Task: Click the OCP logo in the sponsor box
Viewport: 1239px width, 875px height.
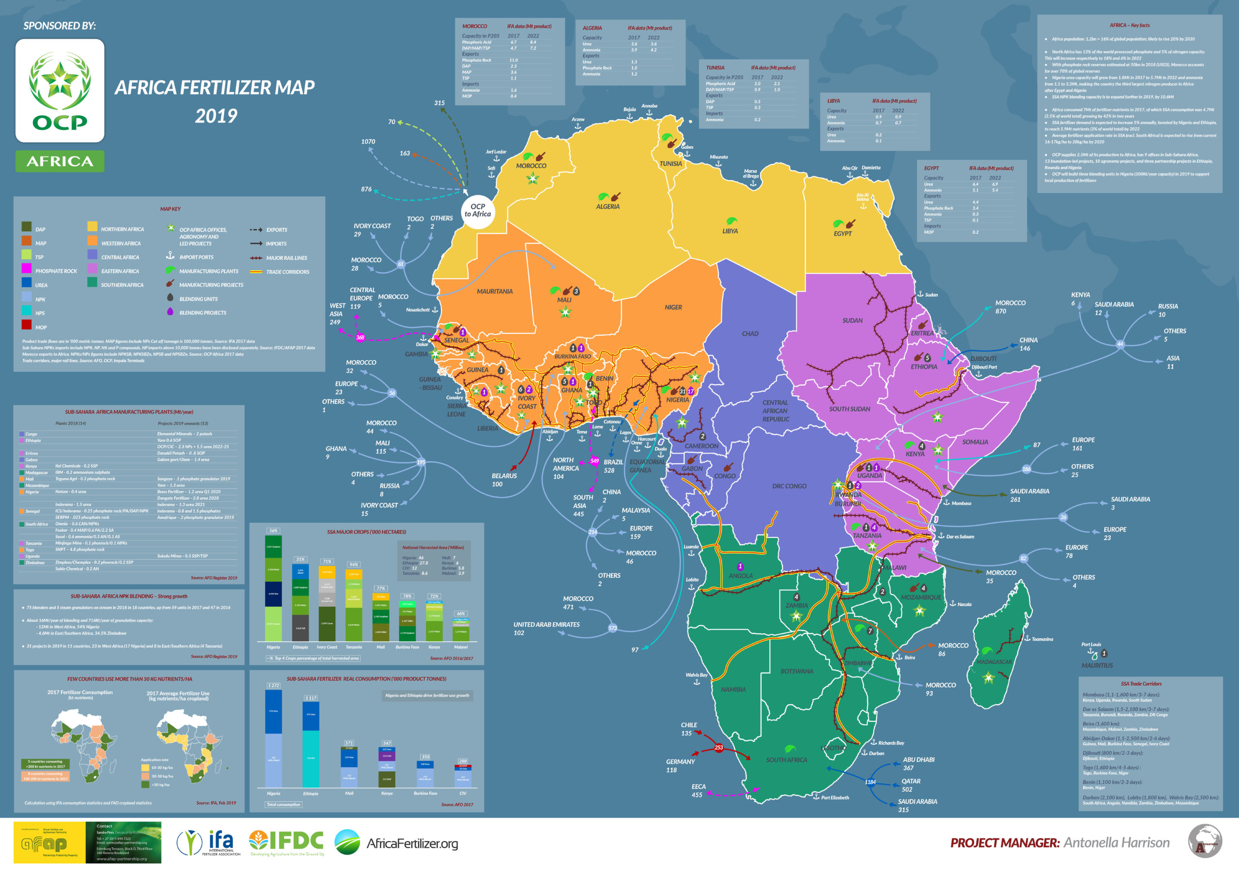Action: coord(60,91)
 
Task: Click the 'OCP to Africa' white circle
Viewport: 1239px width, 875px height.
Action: coord(478,211)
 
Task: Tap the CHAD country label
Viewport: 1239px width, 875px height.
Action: coord(750,334)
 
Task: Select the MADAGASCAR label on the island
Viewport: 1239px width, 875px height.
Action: coord(994,662)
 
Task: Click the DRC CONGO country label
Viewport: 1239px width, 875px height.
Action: coord(789,486)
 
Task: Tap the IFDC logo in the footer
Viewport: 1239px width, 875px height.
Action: coord(287,842)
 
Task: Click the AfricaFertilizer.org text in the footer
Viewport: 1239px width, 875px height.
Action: coord(412,843)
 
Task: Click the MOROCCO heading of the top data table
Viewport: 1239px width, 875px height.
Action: coord(474,26)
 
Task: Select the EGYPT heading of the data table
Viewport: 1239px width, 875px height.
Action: coord(931,168)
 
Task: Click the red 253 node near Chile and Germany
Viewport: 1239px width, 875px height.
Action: coord(718,748)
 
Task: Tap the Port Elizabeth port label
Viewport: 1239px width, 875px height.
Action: coord(834,797)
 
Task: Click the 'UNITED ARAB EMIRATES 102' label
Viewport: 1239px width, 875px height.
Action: coord(546,629)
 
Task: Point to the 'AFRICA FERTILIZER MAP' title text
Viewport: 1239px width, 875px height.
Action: coord(215,88)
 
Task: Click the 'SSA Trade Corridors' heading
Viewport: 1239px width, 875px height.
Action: coord(1141,683)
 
